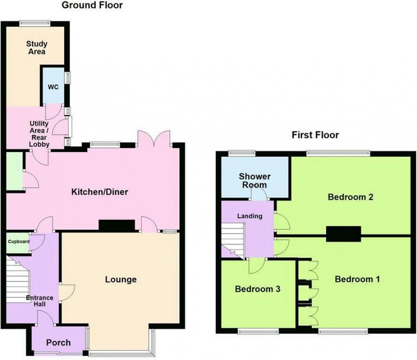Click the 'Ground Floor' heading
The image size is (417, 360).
pyautogui.click(x=92, y=6)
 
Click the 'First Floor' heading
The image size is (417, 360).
pyautogui.click(x=315, y=135)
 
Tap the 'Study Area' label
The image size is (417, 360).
pyautogui.click(x=37, y=48)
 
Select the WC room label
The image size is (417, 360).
pyautogui.click(x=53, y=87)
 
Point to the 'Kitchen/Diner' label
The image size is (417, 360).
pyautogui.click(x=100, y=192)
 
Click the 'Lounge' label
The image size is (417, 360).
pyautogui.click(x=121, y=279)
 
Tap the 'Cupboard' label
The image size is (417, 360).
pyautogui.click(x=19, y=242)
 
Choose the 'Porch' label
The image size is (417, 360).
pyautogui.click(x=58, y=343)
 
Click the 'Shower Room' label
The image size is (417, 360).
pyautogui.click(x=255, y=180)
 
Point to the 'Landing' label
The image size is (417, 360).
pyautogui.click(x=250, y=216)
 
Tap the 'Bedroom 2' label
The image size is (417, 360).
pyautogui.click(x=351, y=197)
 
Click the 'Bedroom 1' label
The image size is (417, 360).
pyautogui.click(x=357, y=279)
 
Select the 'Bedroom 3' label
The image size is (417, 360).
pyautogui.click(x=257, y=289)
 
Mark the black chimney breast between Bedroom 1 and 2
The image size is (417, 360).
pyautogui.click(x=343, y=233)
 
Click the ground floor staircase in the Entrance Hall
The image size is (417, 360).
pyautogui.click(x=18, y=278)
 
